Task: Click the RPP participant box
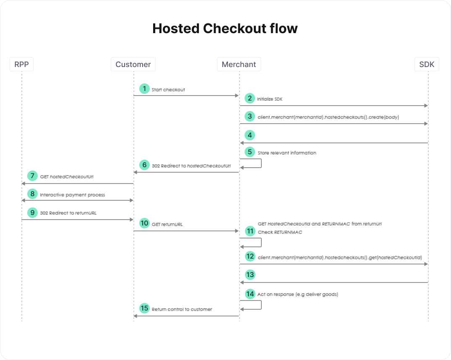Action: point(21,64)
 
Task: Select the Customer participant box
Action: point(133,64)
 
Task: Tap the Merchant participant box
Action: point(239,64)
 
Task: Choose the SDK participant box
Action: point(427,64)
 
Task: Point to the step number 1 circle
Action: point(144,88)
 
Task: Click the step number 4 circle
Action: point(250,135)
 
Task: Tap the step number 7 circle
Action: point(32,176)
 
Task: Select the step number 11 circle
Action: point(250,231)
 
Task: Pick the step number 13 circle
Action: point(250,275)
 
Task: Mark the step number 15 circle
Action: point(144,308)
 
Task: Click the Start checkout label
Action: point(168,90)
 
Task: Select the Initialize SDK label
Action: point(269,99)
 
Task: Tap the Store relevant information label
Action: point(287,153)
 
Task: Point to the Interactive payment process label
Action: point(73,195)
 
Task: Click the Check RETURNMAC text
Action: point(280,232)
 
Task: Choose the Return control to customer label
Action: point(182,309)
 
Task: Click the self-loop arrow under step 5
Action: point(261,163)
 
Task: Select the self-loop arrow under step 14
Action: point(261,305)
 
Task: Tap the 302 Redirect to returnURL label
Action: point(68,213)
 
